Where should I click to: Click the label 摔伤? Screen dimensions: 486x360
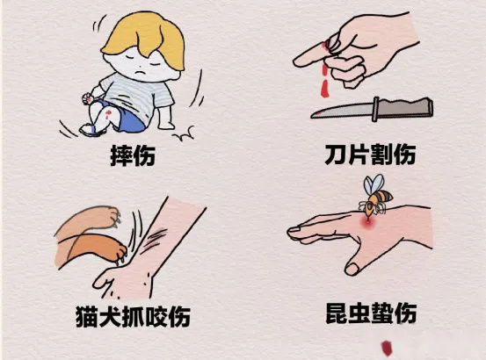point(133,155)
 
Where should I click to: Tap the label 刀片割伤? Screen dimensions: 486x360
point(370,154)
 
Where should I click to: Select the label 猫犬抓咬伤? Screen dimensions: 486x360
point(133,316)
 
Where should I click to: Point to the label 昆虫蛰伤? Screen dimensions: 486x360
point(371,313)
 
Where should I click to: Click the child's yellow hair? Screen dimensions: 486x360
point(146,37)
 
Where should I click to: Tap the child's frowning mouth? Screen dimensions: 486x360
point(141,74)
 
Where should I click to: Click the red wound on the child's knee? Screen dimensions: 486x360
point(107,114)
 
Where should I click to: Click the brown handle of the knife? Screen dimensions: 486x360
point(404,109)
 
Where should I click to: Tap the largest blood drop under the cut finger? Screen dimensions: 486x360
point(324,89)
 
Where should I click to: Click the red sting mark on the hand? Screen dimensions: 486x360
point(368,223)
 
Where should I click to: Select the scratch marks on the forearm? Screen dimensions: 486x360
point(155,237)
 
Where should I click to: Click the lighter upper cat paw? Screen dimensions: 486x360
point(89,220)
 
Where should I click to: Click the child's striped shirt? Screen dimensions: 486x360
point(136,93)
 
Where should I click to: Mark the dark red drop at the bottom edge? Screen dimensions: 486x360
point(387,348)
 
